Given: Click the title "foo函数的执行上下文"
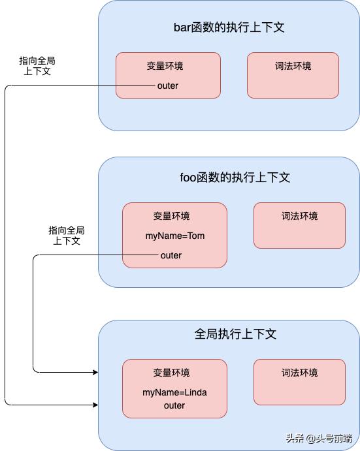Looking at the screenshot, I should tap(235, 178).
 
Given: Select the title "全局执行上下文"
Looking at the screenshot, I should tap(235, 334).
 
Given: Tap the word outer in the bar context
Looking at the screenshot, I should tap(168, 86).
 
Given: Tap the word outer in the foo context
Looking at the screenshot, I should tap(171, 255).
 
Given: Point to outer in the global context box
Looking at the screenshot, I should tap(174, 405).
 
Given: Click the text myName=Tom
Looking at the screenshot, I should tap(175, 236).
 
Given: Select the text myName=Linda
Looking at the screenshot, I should tap(174, 392).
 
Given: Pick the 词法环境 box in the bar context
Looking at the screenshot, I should tap(293, 75).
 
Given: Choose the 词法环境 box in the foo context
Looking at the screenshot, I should tap(299, 225).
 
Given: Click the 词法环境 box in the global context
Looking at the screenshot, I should tap(299, 382).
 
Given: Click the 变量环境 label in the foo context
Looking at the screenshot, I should tap(171, 217).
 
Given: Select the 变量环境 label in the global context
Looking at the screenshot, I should tap(171, 373).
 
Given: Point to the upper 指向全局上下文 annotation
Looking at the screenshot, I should tap(37, 66).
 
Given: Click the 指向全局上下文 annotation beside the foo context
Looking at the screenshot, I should tap(67, 236).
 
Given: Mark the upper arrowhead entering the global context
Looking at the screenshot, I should tap(95, 372).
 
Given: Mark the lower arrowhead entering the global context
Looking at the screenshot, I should tap(95, 405).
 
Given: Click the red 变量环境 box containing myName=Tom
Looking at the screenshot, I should tap(175, 235).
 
